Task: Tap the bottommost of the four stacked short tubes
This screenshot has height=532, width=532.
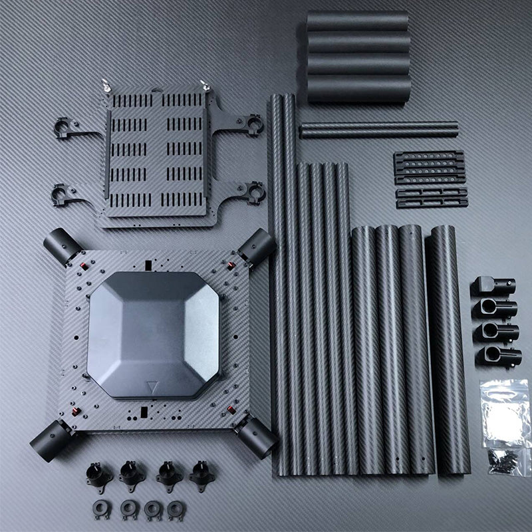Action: (358, 88)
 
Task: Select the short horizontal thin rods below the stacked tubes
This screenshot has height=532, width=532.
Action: (378, 129)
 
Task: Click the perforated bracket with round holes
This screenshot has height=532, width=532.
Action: (429, 166)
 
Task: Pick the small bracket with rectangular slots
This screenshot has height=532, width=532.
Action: (432, 198)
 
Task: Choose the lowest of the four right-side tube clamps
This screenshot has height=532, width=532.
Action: (495, 356)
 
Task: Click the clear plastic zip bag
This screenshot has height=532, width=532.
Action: (505, 412)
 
